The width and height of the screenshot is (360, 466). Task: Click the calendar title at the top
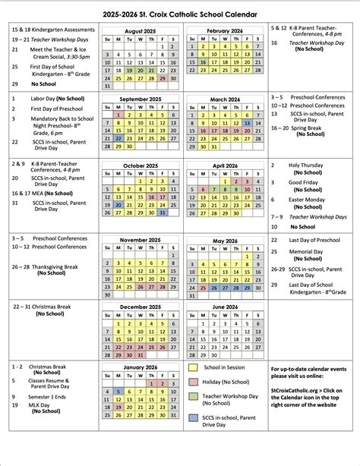pos(179,14)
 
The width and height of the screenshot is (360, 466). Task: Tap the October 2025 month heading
pos(141,165)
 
